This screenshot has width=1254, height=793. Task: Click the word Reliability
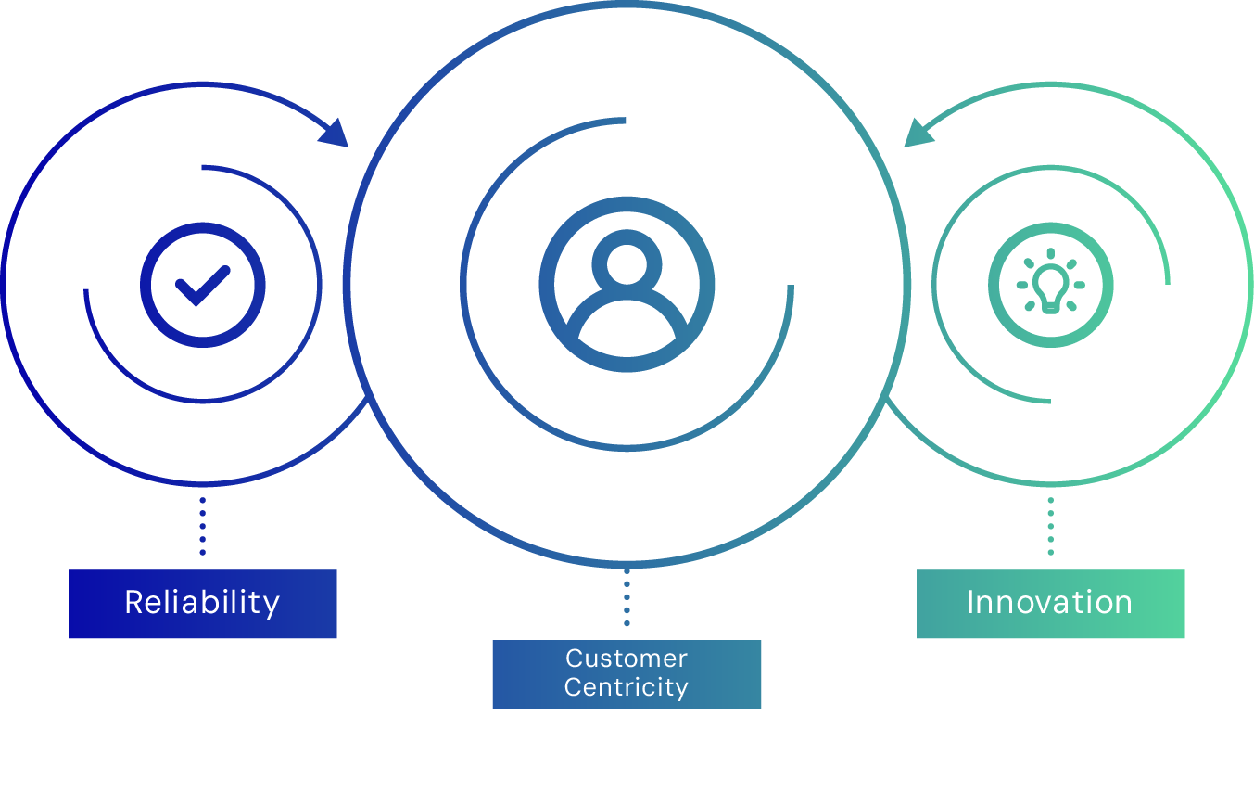click(202, 603)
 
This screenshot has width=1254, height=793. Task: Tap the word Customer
click(627, 659)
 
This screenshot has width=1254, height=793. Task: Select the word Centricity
click(627, 688)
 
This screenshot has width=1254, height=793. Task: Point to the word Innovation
click(1049, 603)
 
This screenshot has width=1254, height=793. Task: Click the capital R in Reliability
click(133, 603)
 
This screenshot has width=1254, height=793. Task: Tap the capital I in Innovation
click(970, 603)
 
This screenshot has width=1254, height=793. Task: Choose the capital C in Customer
click(575, 659)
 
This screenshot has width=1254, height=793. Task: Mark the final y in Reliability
click(272, 606)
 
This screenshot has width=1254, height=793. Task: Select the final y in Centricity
click(681, 691)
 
